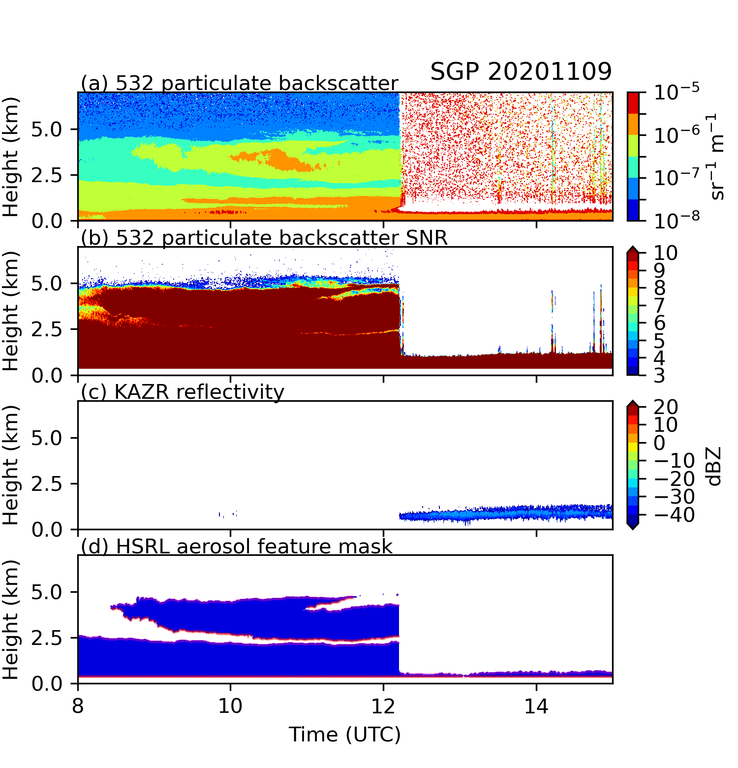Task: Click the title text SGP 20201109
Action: point(521,72)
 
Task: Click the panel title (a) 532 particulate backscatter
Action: point(239,84)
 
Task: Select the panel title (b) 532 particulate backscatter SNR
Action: point(264,238)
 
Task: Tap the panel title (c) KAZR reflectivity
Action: point(183,392)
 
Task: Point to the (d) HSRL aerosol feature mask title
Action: point(237,546)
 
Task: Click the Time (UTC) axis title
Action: point(344,735)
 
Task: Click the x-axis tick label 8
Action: point(78,706)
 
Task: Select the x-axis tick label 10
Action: point(230,706)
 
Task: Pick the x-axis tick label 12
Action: point(383,706)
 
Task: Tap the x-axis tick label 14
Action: point(536,706)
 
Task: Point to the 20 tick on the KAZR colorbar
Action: point(666,407)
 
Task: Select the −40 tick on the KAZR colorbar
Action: point(674,515)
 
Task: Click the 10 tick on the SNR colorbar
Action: point(666,253)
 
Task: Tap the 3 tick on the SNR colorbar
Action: point(659,376)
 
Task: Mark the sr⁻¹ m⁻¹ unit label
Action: point(717,157)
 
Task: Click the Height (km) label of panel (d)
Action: point(11,619)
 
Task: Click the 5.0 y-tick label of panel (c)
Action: point(47,438)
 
